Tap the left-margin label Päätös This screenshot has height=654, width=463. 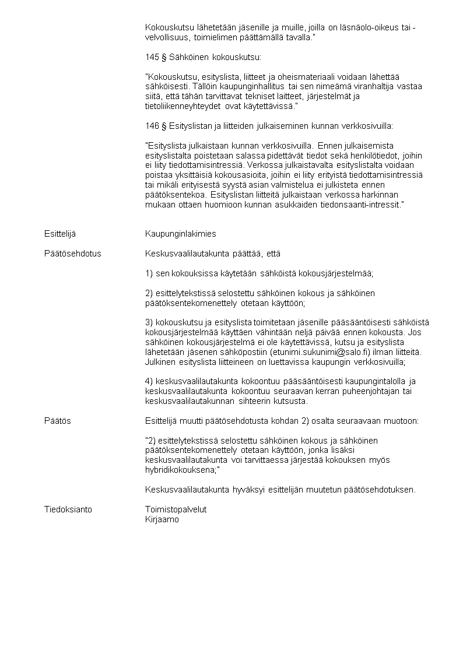58,421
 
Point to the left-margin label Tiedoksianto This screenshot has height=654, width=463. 68,509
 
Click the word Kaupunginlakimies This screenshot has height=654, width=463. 180,234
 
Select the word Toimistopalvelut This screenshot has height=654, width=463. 176,509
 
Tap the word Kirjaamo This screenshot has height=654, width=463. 162,519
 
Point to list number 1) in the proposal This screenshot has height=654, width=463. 149,273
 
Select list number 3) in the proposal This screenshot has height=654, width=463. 149,322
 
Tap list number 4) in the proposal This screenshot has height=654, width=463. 149,381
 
